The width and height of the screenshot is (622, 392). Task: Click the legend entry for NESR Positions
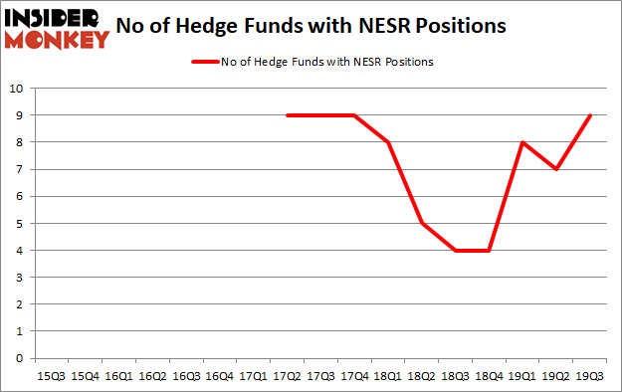point(311,62)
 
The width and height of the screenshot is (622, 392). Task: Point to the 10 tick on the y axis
point(16,89)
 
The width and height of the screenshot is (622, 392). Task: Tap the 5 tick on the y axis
point(19,224)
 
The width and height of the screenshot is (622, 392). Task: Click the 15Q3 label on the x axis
point(51,376)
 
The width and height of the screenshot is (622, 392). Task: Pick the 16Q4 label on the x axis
point(219,376)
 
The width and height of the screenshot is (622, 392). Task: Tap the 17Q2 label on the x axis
point(287,376)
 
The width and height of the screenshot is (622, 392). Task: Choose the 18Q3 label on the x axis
point(455,376)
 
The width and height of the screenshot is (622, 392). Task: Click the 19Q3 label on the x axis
point(589,376)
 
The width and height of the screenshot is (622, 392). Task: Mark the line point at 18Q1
point(387,142)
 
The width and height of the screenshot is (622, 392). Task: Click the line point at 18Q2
point(421,224)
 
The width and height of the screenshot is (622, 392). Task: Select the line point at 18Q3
point(455,251)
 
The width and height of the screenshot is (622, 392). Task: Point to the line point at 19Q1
point(522,142)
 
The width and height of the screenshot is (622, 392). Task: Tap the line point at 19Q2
point(555,169)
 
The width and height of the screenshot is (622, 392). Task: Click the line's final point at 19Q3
point(589,115)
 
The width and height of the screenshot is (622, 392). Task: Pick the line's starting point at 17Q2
point(287,115)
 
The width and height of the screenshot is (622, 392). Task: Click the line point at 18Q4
point(489,251)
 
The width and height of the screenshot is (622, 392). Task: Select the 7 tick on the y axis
point(19,169)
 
